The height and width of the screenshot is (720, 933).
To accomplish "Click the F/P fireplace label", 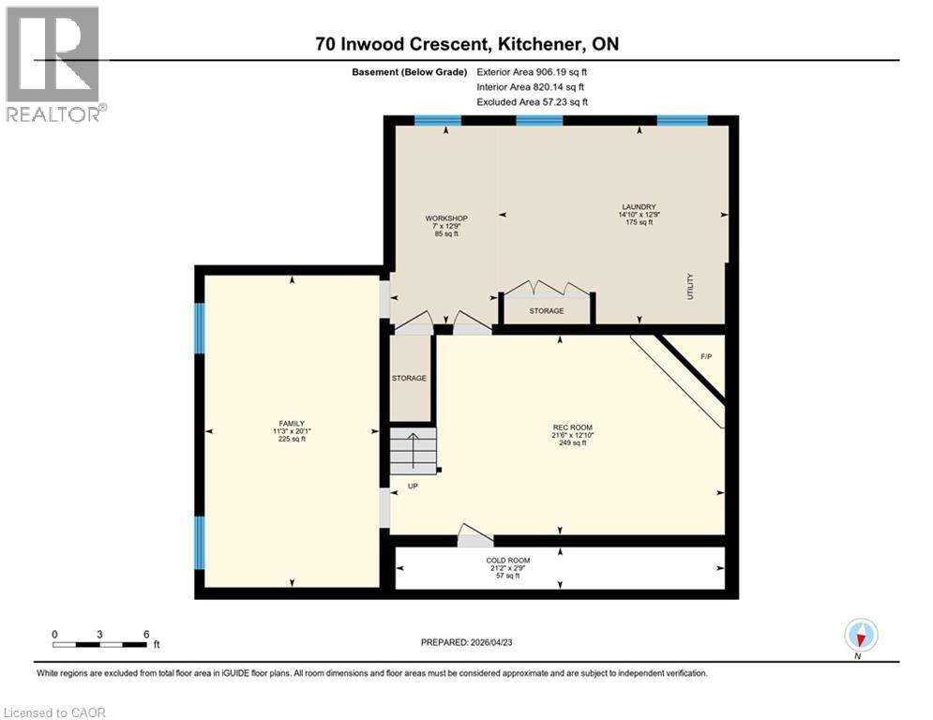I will (x=707, y=356).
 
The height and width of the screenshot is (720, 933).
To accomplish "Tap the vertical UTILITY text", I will (x=689, y=285).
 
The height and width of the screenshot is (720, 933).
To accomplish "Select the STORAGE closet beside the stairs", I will (x=409, y=378).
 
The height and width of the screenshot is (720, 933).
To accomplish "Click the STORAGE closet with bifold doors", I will (x=546, y=310).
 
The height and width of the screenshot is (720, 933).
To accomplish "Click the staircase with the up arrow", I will (x=414, y=451).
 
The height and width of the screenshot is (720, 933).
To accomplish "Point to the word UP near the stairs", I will (x=413, y=487).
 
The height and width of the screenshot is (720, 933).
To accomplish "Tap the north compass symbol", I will (x=860, y=636).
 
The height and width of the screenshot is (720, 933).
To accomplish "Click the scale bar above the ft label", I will (x=100, y=644).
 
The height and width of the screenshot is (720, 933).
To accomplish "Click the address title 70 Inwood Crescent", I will (x=466, y=44).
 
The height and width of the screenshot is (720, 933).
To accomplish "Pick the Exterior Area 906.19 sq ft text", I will (x=533, y=71).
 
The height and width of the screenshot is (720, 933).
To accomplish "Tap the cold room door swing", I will (x=474, y=536).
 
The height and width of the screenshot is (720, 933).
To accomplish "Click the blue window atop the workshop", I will (x=438, y=120).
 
